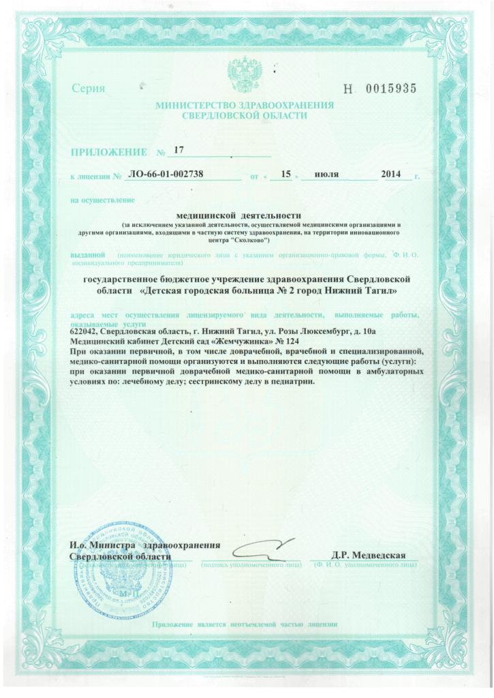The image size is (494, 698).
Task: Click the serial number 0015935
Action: [x=391, y=88]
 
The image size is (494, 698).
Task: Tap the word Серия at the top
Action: [x=88, y=89]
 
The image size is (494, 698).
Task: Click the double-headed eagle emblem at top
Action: [x=244, y=71]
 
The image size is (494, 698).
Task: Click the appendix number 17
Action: [x=179, y=149]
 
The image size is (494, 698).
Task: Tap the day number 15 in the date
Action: [x=285, y=174]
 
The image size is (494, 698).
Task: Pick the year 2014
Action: [x=391, y=174]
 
